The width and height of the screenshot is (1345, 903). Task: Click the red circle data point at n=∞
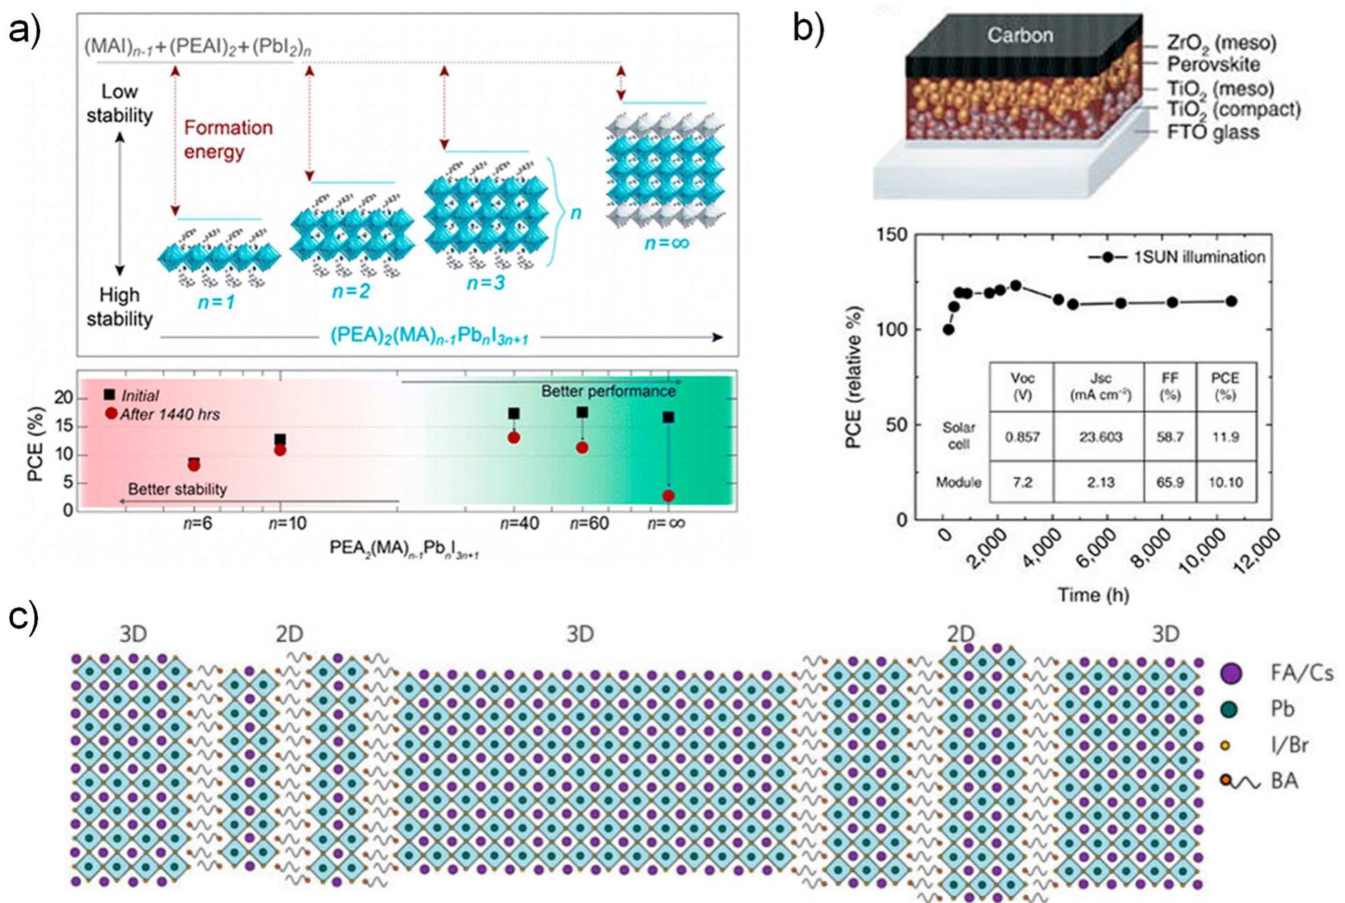tap(668, 495)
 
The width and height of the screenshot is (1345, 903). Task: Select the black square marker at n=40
tap(514, 413)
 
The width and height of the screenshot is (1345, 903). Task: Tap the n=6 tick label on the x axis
tap(197, 523)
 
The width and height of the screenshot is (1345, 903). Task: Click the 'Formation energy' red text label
tap(227, 139)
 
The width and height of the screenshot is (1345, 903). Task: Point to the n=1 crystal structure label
tap(217, 302)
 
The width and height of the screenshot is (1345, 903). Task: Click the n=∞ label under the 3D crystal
tap(666, 243)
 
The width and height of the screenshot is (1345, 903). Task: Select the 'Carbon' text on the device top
tap(1020, 34)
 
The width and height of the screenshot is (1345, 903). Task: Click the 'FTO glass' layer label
tap(1213, 132)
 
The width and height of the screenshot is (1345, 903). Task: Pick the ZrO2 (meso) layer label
tap(1221, 42)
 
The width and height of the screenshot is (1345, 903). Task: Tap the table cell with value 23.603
tap(1100, 437)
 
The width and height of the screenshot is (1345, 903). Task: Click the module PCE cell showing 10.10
tap(1225, 483)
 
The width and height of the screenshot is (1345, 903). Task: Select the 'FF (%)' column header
tap(1169, 386)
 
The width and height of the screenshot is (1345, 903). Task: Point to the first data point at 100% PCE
tap(948, 330)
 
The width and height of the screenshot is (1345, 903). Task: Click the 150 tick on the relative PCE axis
tap(893, 235)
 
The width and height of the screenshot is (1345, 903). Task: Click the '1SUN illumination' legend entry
tap(1198, 257)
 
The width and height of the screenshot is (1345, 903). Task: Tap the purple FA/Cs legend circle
tap(1231, 672)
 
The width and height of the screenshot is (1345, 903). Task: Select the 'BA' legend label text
tap(1284, 781)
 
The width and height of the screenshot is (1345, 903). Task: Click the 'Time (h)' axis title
tap(1093, 595)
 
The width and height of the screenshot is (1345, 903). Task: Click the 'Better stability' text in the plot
tap(177, 489)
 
